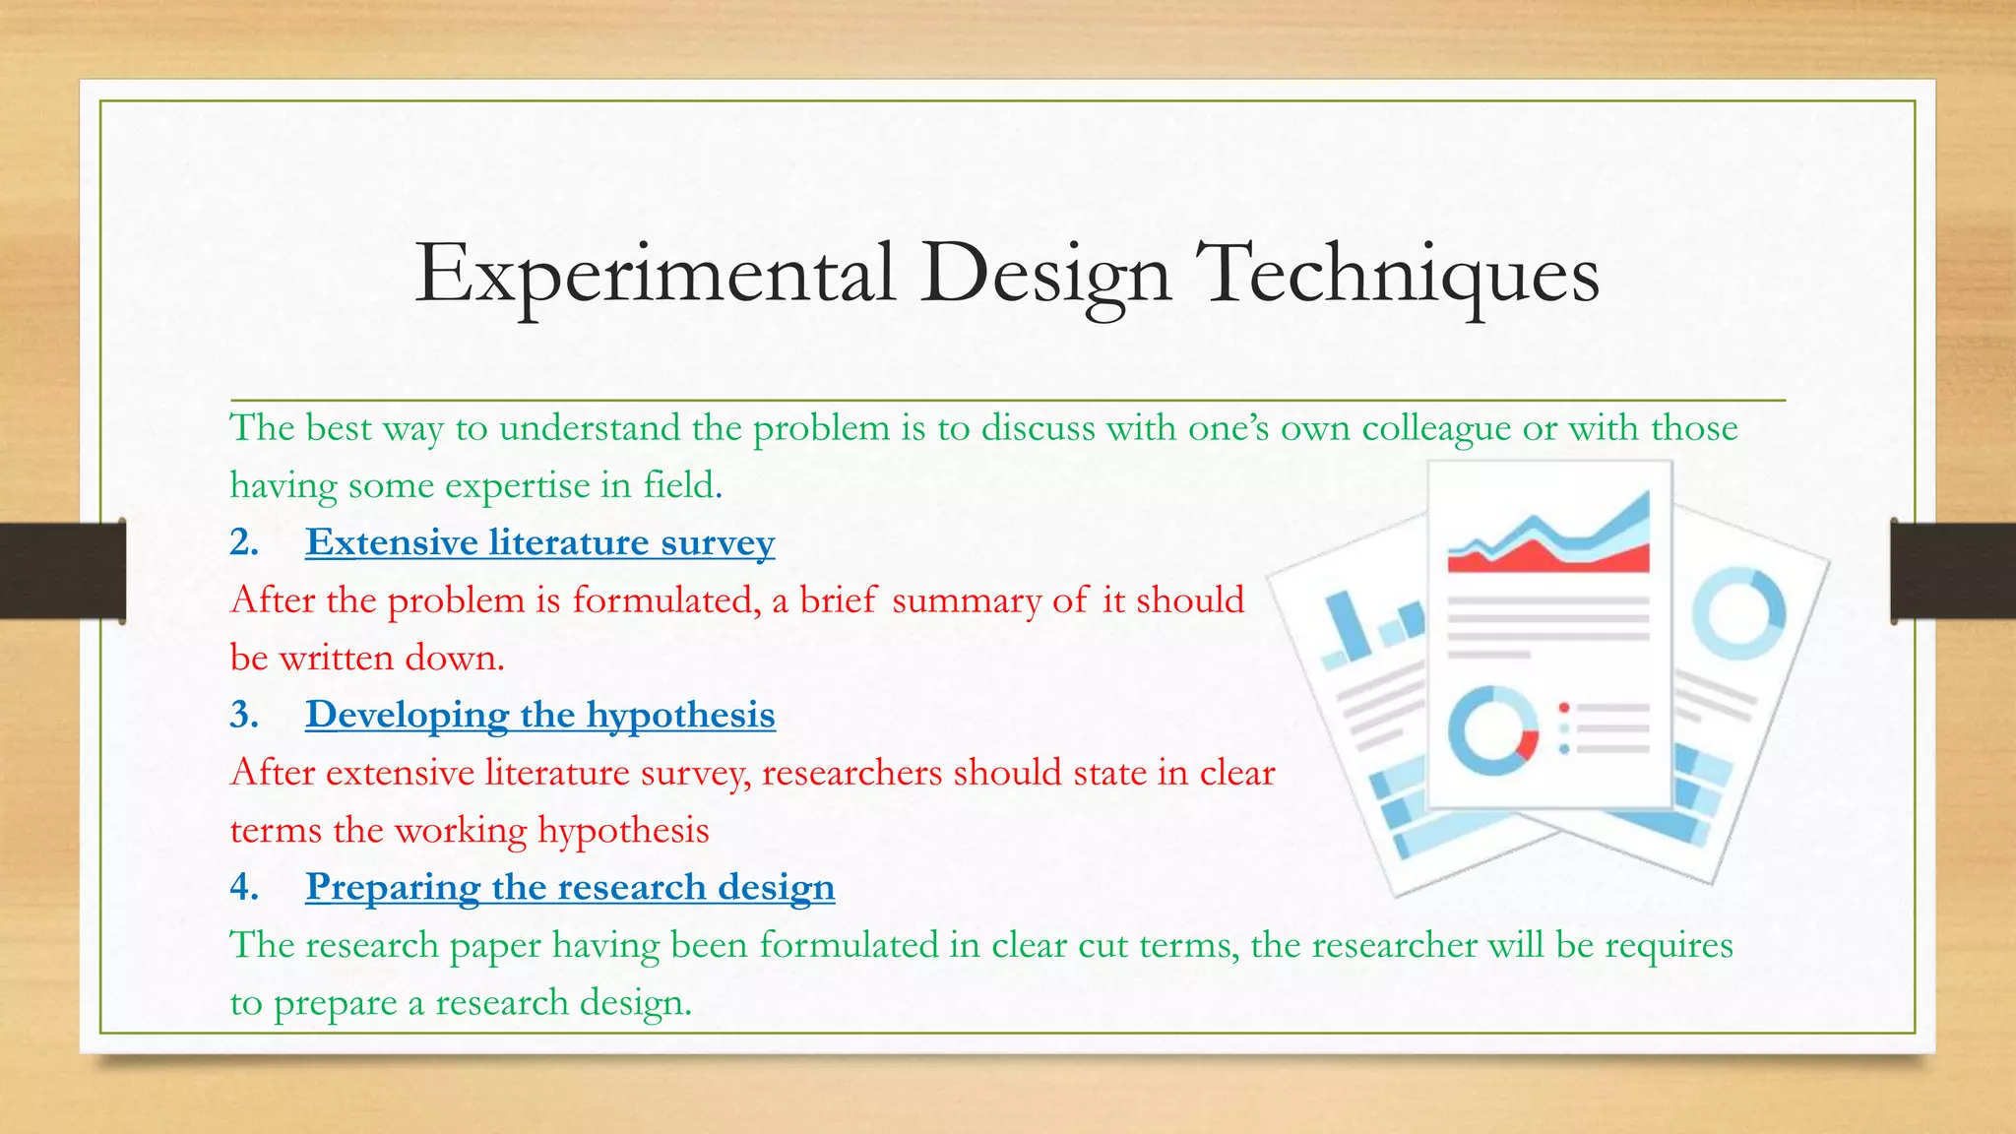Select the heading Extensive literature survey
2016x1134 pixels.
pyautogui.click(x=539, y=543)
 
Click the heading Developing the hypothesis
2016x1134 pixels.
pyautogui.click(x=539, y=716)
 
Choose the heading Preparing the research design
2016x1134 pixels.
pyautogui.click(x=570, y=888)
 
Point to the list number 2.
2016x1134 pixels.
pyautogui.click(x=243, y=543)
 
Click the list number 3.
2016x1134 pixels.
pyautogui.click(x=243, y=716)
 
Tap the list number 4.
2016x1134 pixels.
pyautogui.click(x=243, y=888)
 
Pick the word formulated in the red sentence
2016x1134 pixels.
pyautogui.click(x=666, y=600)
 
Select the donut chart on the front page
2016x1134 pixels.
pyautogui.click(x=1493, y=731)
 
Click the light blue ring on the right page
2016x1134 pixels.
pyautogui.click(x=1738, y=612)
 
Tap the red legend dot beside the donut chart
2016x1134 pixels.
pyautogui.click(x=1564, y=708)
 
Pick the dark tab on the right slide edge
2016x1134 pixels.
pyautogui.click(x=1953, y=571)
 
